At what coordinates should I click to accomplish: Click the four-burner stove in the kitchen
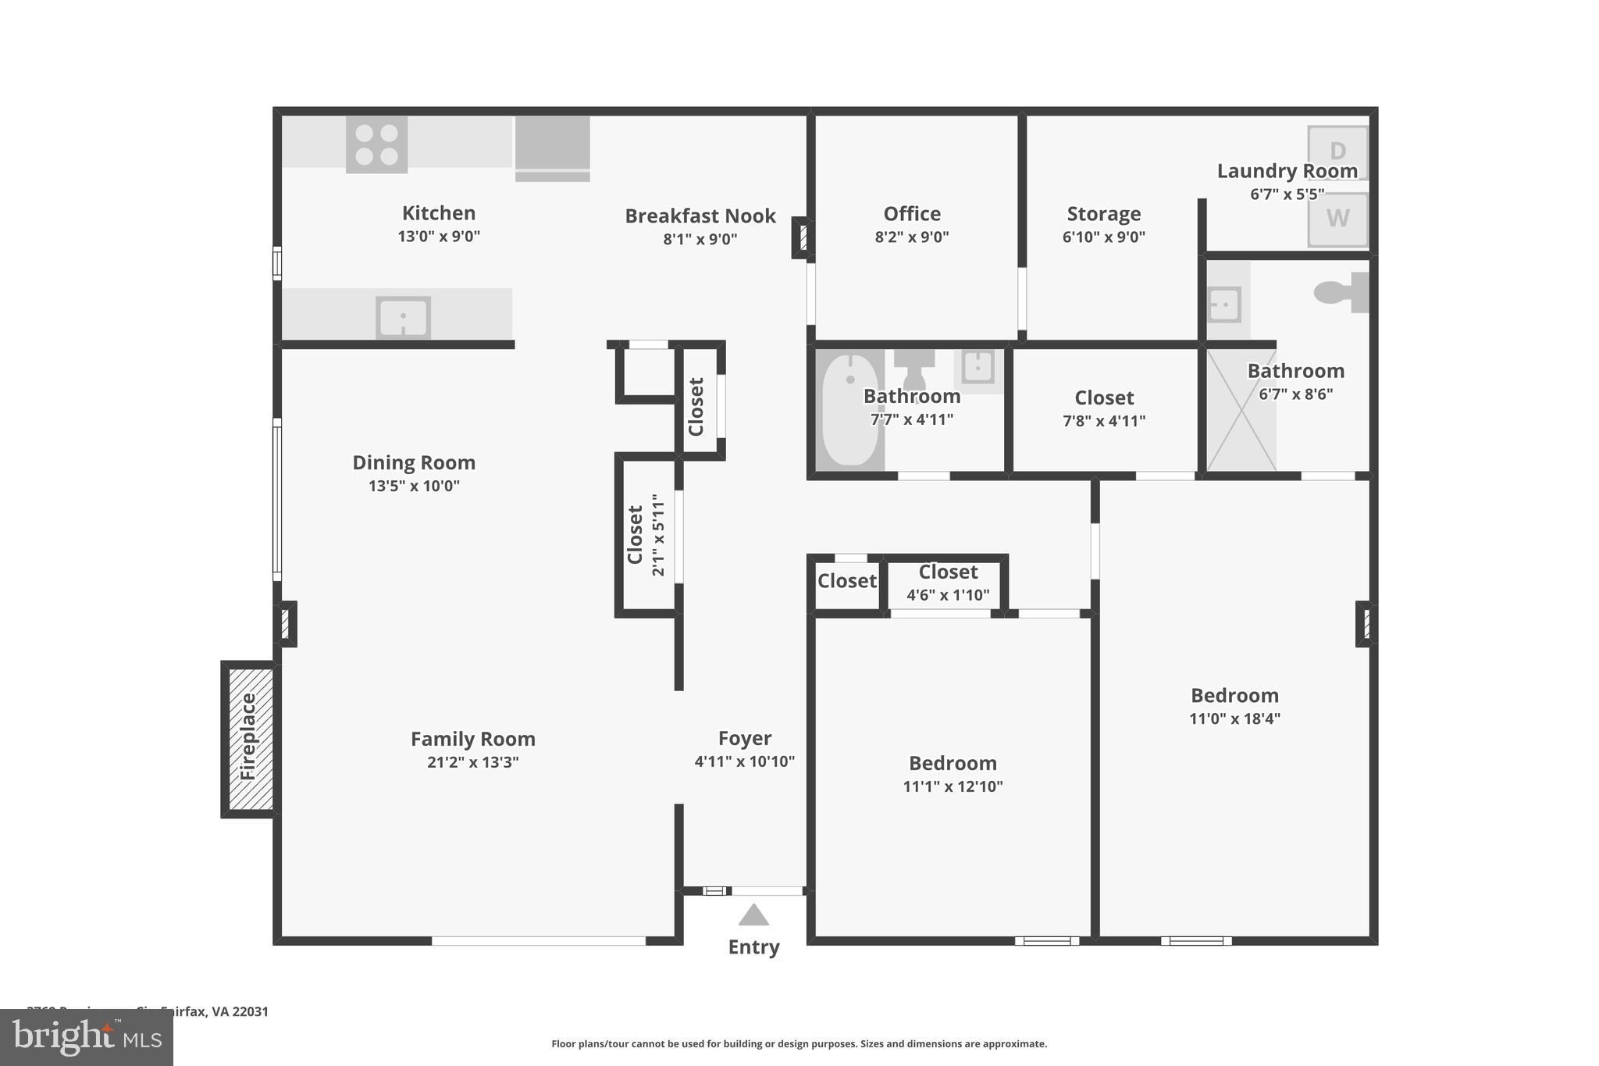(x=376, y=144)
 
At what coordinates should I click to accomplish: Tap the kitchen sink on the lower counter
(x=403, y=318)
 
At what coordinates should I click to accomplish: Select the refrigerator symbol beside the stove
(x=552, y=146)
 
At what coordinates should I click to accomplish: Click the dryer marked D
(x=1337, y=151)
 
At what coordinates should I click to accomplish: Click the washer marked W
(x=1337, y=219)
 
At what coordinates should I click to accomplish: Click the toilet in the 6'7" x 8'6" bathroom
(x=1341, y=293)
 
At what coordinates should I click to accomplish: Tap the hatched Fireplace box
(x=249, y=738)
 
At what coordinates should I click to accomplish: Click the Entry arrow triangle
(x=753, y=915)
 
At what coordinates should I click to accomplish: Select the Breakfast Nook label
(x=700, y=216)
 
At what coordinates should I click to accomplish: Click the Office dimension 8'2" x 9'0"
(x=911, y=237)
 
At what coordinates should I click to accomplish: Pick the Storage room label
(x=1103, y=214)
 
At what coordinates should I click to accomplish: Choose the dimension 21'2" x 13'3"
(x=472, y=762)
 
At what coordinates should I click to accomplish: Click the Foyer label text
(x=745, y=738)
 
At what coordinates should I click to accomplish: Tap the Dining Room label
(x=414, y=462)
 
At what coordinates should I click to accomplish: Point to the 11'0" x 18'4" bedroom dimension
(x=1234, y=719)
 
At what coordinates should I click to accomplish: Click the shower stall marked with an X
(x=1241, y=410)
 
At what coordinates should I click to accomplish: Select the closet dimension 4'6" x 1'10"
(x=947, y=595)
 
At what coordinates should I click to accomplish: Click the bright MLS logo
(x=87, y=1037)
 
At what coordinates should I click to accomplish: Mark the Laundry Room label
(x=1287, y=171)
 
